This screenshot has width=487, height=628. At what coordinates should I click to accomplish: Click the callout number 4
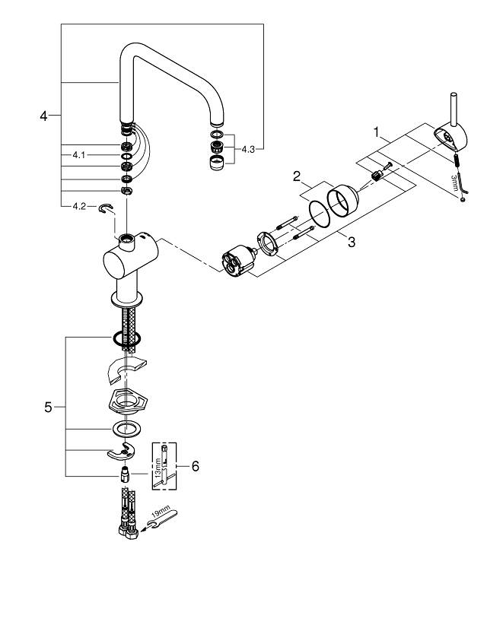pos(43,116)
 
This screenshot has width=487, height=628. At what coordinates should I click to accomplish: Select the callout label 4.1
pos(78,154)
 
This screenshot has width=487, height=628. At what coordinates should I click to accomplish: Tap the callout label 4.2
pos(78,206)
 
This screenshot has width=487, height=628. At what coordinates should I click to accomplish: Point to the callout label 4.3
pos(249,150)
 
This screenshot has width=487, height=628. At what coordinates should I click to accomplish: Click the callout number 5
pos(48,407)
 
